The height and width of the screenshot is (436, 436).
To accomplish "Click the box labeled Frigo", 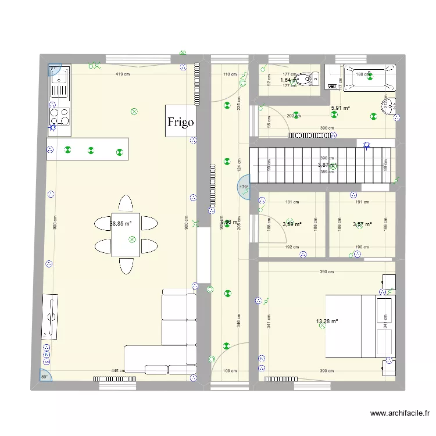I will tap(180, 121).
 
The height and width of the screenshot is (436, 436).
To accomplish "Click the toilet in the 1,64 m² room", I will tap(306, 80).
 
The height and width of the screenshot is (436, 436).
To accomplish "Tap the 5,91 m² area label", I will tap(340, 108).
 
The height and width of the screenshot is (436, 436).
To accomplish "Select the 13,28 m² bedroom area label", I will tap(327, 321).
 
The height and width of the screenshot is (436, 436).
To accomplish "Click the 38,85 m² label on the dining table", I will tap(121, 223).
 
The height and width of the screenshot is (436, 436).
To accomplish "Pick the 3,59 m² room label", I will tap(292, 224).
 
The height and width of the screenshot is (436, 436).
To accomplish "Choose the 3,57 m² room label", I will tap(362, 224).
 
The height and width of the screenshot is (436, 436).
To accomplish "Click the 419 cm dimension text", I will tap(122, 74).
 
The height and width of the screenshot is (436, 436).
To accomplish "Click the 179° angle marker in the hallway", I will tap(243, 187).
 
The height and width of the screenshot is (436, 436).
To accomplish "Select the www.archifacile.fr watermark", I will tap(399, 414).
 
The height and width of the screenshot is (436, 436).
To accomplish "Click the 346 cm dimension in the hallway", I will tap(240, 318).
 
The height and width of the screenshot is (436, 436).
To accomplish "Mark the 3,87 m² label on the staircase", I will tap(327, 165).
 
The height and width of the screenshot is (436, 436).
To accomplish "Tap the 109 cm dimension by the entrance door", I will tap(230, 371).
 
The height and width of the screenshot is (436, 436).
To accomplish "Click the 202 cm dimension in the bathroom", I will tap(294, 115).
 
